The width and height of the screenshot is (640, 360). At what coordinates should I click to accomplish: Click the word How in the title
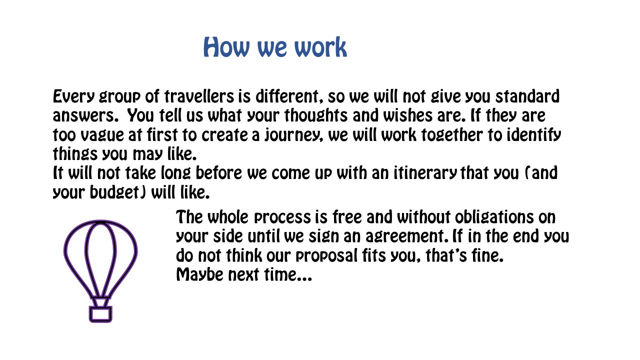226,47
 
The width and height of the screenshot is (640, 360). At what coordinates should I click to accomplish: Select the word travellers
199,96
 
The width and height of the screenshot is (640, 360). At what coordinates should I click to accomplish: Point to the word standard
527,96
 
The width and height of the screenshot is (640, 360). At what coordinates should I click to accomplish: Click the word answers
85,115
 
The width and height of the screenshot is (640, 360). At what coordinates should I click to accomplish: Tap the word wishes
407,115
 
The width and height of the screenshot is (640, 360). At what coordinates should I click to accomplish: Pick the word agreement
407,236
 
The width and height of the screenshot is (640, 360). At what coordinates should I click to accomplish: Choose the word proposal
326,255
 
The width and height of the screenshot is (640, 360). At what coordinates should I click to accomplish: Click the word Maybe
199,275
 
